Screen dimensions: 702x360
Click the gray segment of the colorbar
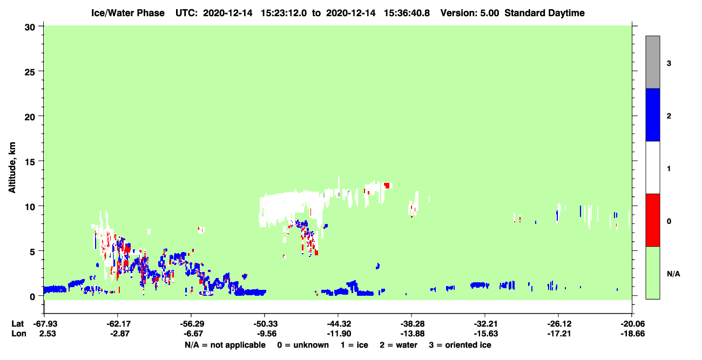(x=652, y=62)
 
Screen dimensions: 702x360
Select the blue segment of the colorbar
(x=652, y=114)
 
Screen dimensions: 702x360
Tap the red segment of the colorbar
(x=652, y=220)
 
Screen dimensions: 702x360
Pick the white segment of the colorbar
(x=652, y=167)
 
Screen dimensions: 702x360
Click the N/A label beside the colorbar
(x=673, y=274)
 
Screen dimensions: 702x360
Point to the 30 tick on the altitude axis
(x=30, y=28)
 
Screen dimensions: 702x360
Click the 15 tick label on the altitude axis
(x=30, y=161)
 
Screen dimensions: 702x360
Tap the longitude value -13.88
(x=412, y=334)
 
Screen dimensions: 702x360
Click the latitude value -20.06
(x=632, y=324)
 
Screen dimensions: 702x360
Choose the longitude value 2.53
(x=48, y=334)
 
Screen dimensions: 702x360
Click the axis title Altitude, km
(x=12, y=167)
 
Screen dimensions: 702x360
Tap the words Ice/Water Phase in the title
(x=128, y=13)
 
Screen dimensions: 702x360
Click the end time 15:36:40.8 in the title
(x=407, y=13)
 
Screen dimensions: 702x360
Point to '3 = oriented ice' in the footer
(x=460, y=345)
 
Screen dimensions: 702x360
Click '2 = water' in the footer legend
(x=399, y=345)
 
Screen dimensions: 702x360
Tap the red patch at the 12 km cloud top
(x=387, y=185)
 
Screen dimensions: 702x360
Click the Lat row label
(x=17, y=324)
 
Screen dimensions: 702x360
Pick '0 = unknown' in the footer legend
(x=303, y=345)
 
